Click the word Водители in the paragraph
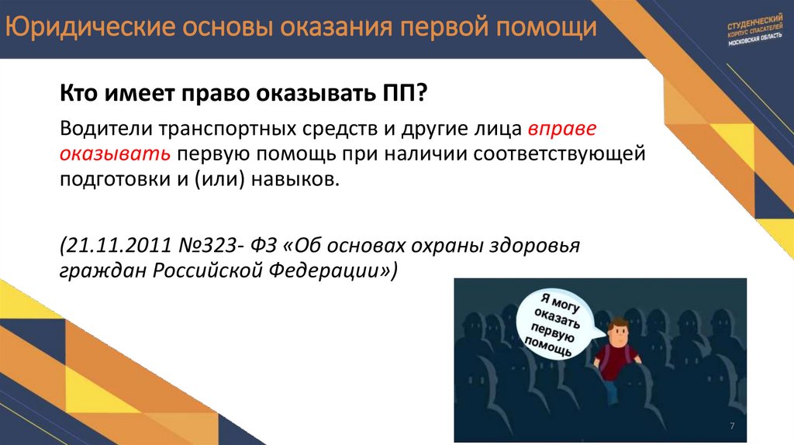click(102, 126)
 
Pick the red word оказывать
click(114, 153)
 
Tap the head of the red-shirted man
click(618, 331)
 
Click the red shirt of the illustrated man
click(618, 362)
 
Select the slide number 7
click(732, 426)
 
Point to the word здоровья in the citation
click(546, 245)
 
